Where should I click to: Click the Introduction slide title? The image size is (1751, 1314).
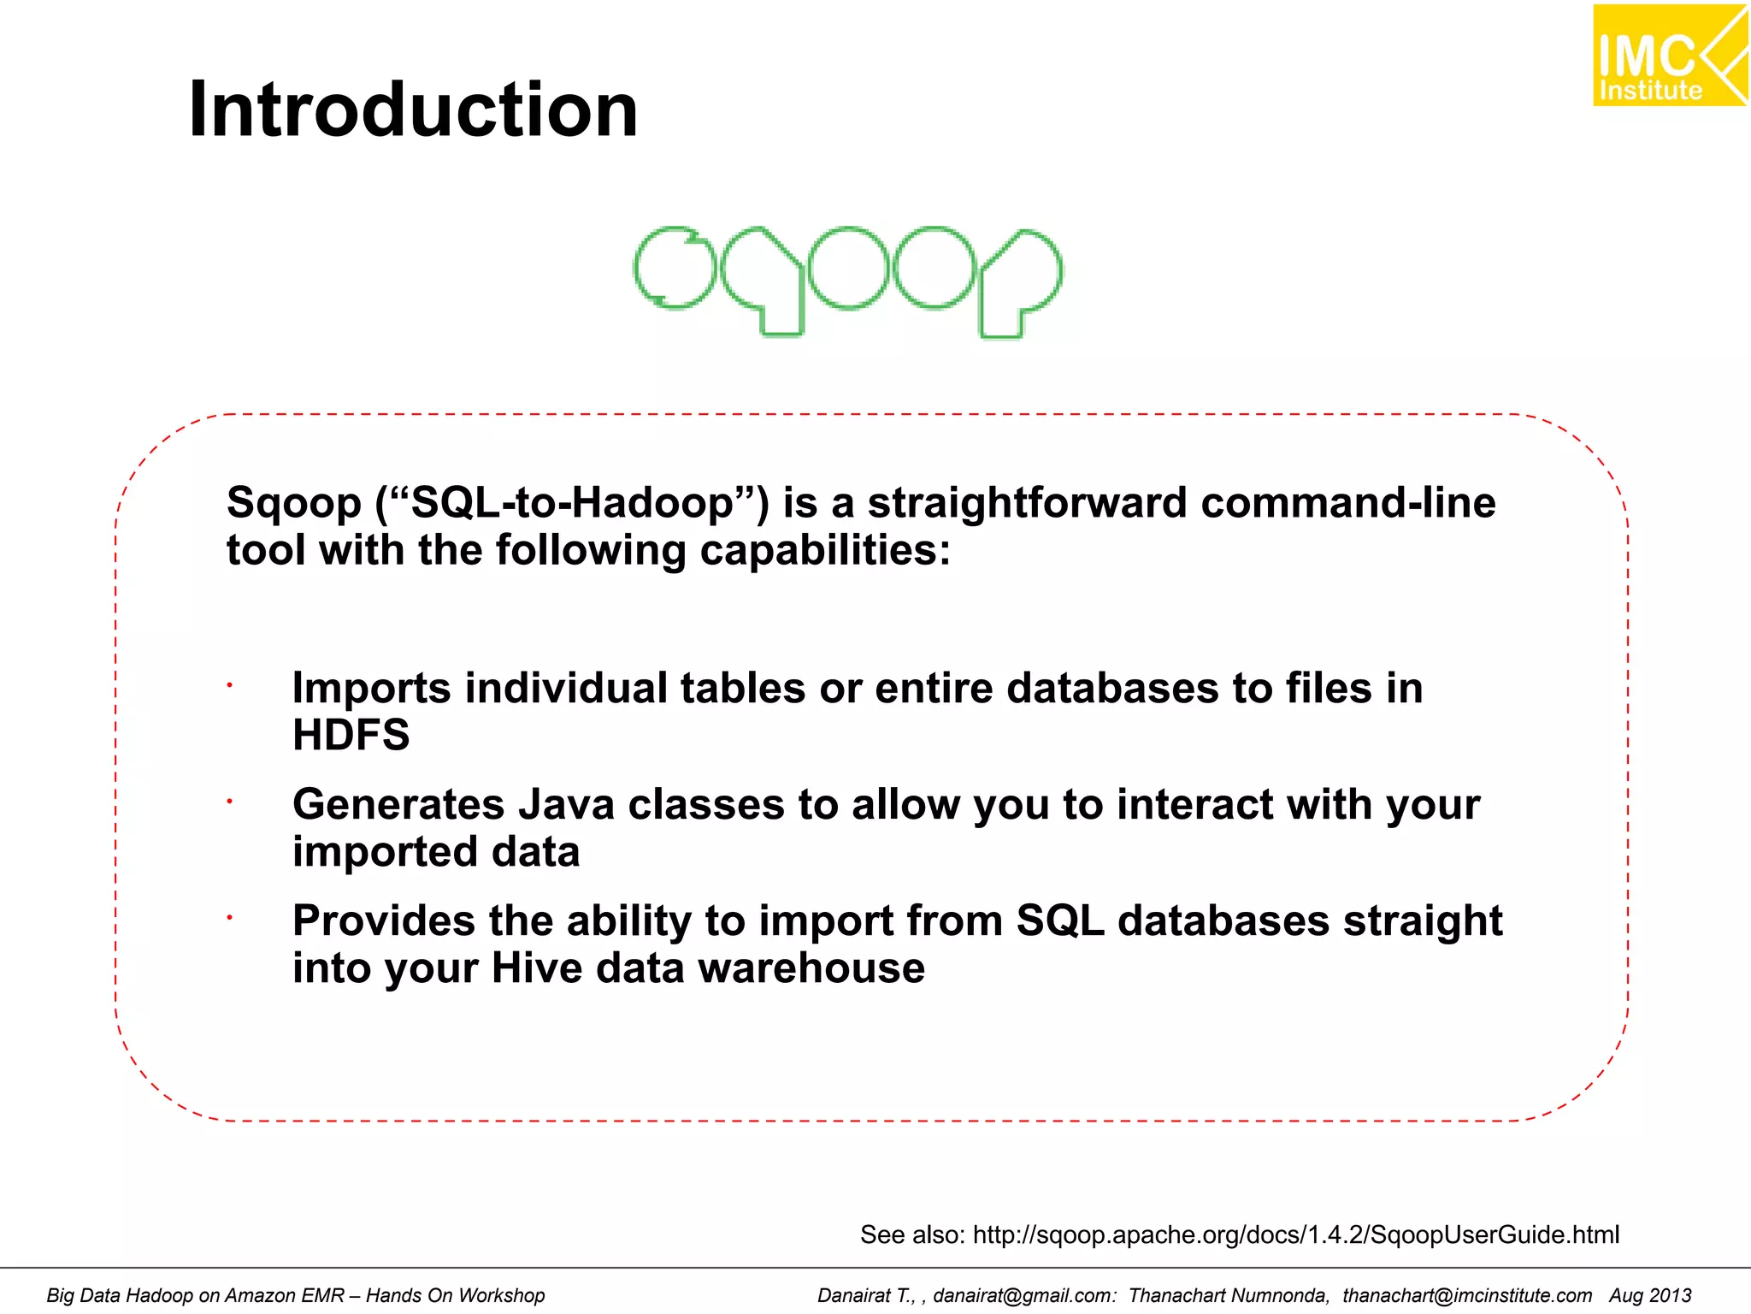click(x=413, y=109)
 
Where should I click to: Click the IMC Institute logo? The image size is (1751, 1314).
click(x=1668, y=56)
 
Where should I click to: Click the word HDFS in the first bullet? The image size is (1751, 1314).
click(x=351, y=735)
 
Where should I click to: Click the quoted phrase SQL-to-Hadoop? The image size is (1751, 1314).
click(x=572, y=503)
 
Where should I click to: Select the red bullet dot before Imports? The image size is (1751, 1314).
click(x=230, y=685)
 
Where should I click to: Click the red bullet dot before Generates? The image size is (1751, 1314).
click(x=230, y=802)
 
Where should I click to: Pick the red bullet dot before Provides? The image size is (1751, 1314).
click(x=230, y=918)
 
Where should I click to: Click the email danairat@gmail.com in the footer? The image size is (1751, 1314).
click(x=1023, y=1296)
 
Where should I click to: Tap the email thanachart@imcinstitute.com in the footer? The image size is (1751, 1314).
click(x=1466, y=1296)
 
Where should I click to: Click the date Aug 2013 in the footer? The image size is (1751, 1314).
click(x=1650, y=1296)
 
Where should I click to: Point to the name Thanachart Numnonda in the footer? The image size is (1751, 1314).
click(x=1228, y=1296)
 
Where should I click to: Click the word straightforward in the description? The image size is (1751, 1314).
click(x=1027, y=503)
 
